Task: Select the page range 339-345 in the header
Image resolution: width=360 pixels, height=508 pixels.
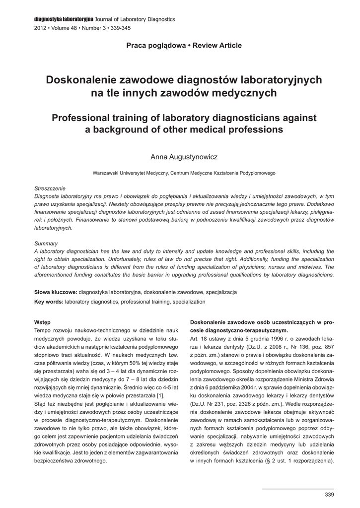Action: coord(120,28)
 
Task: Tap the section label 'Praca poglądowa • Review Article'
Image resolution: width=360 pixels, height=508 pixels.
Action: coord(184,46)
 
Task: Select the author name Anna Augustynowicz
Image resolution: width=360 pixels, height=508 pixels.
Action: coord(184,157)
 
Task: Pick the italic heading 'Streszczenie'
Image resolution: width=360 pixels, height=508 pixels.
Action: coord(50,189)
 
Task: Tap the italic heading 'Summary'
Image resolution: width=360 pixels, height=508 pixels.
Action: coord(46,244)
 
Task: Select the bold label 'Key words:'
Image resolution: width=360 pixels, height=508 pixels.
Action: coord(49,301)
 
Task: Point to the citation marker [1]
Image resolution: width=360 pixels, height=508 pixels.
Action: coord(160,395)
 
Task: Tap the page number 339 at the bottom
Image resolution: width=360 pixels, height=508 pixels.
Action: coord(329,495)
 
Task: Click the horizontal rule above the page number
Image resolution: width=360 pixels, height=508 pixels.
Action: coord(298,488)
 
